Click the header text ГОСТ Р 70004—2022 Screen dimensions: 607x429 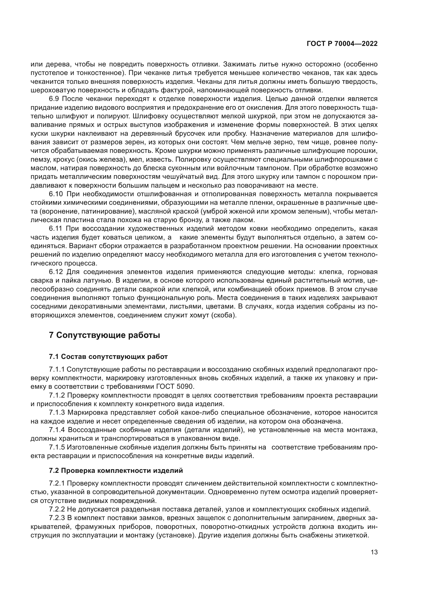point(342,44)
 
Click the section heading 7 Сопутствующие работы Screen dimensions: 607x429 point(104,335)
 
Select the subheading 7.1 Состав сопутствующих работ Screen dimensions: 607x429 point(108,357)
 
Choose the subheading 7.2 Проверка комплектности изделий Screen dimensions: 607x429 point(116,470)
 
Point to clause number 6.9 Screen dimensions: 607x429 point(54,99)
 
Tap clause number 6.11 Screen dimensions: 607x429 point(56,229)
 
